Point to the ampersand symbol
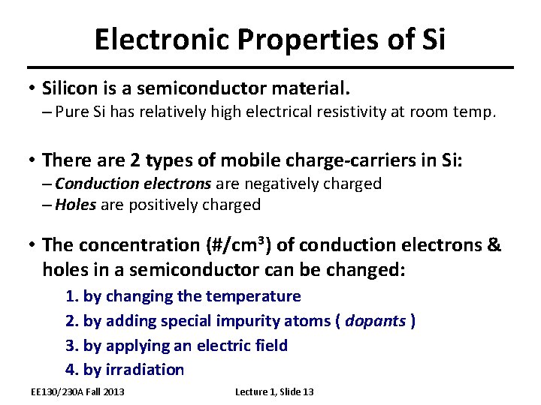click(x=494, y=245)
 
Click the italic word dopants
click(x=375, y=321)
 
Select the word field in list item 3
click(x=271, y=345)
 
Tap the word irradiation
click(x=144, y=370)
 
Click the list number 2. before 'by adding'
click(x=73, y=321)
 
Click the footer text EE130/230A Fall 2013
click(x=77, y=392)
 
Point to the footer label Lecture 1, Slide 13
click(x=274, y=392)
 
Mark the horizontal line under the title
click(x=270, y=67)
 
